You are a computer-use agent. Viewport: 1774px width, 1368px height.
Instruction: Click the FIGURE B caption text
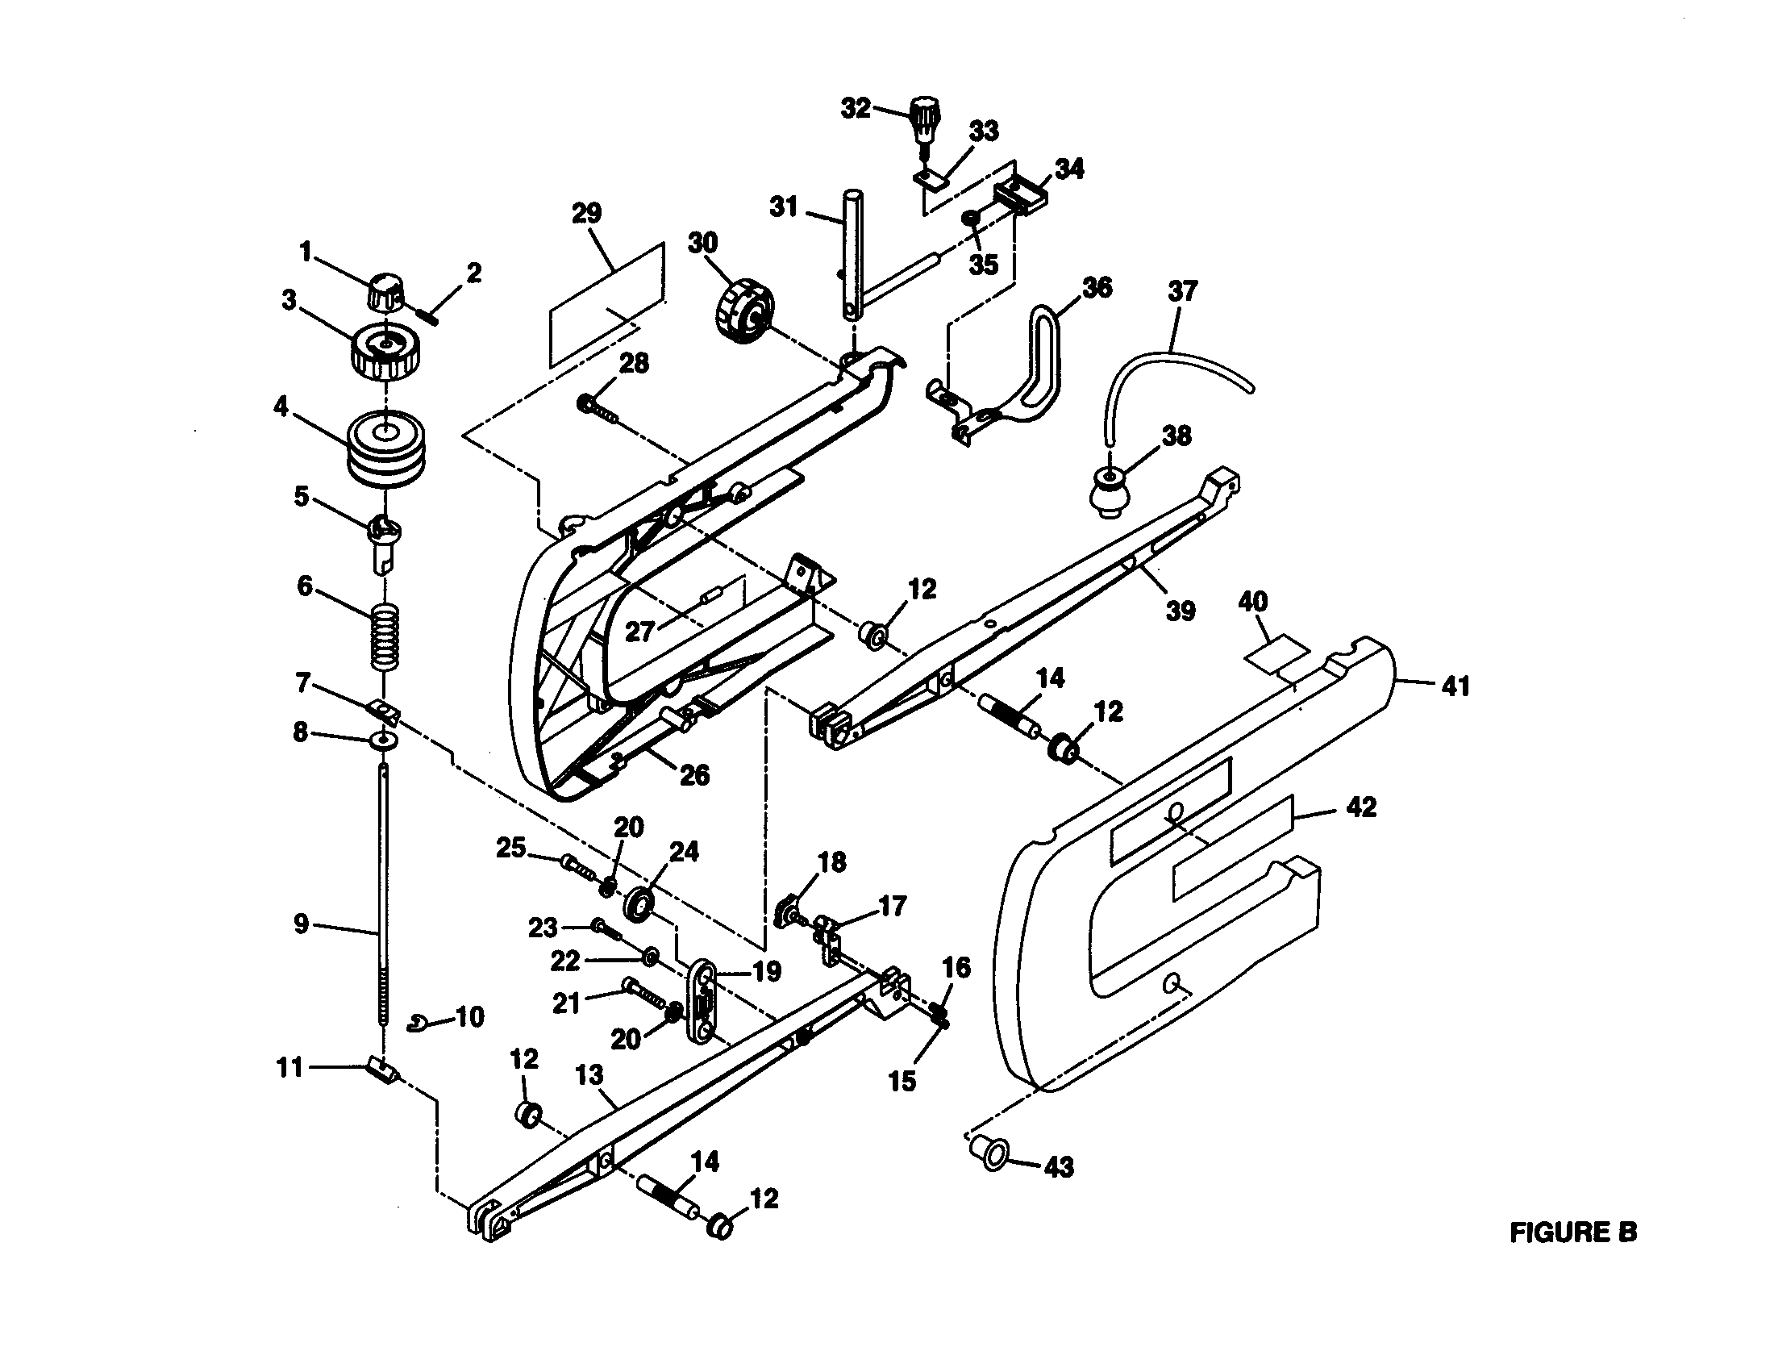point(1572,1232)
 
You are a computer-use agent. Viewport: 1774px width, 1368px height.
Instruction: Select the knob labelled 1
point(385,293)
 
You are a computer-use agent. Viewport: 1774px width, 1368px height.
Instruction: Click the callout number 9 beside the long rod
point(301,924)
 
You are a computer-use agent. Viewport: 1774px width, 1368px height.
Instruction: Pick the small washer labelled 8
point(383,740)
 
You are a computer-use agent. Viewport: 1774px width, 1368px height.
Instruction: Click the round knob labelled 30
point(743,313)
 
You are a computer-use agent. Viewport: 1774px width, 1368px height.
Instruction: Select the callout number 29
point(586,214)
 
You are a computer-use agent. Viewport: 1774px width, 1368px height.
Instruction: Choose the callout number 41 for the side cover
point(1455,686)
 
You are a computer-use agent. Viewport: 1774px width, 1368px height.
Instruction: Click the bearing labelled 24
point(641,904)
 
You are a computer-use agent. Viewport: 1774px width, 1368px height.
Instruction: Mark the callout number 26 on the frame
point(694,775)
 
